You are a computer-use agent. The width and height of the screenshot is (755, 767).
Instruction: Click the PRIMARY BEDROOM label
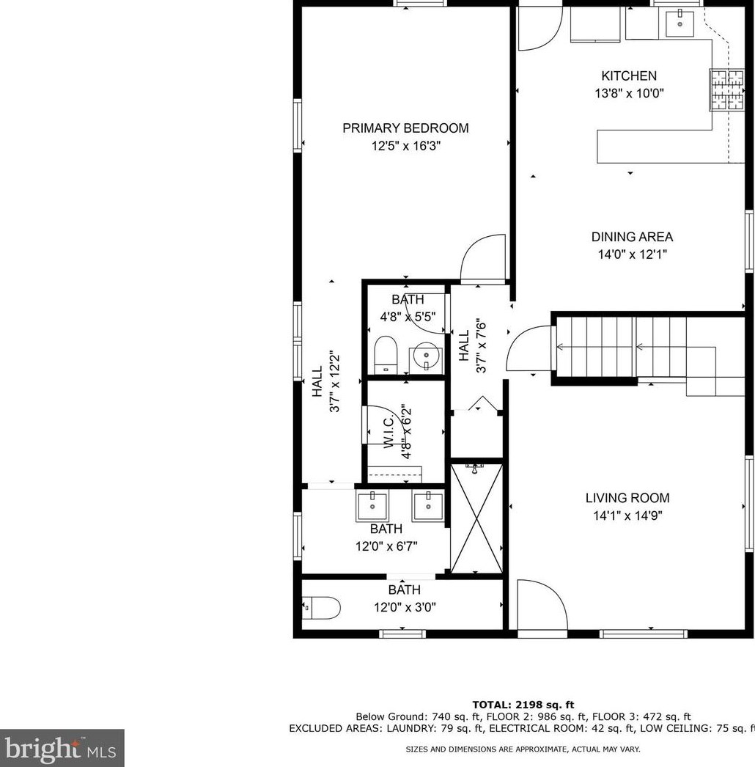pos(405,128)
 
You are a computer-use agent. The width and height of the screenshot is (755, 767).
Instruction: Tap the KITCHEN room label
pos(629,76)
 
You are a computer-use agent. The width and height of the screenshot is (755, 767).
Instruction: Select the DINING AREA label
pos(632,237)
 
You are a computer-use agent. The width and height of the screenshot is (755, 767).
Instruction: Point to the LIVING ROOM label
pos(627,498)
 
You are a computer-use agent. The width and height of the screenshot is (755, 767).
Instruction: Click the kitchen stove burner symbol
pos(727,90)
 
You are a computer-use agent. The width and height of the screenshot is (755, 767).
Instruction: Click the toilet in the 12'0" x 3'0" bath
pos(321,608)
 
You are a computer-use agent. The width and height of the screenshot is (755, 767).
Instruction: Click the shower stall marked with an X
pos(476,518)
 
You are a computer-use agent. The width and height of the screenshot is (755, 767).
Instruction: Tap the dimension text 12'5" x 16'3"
pos(406,146)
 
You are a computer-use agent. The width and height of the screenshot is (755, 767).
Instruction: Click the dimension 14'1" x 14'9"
pos(627,515)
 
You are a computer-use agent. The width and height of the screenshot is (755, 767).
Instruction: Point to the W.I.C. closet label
pos(388,431)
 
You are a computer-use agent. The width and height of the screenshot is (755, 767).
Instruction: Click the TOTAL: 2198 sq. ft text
pos(523,705)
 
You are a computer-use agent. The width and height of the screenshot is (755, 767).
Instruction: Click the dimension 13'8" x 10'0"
pos(629,93)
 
